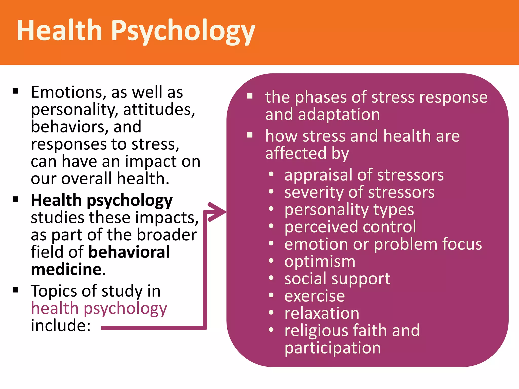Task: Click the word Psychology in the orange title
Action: (183, 31)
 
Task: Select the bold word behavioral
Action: (129, 252)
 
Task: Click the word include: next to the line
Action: (61, 326)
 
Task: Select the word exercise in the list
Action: (314, 296)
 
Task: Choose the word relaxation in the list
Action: (322, 313)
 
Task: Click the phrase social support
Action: (337, 279)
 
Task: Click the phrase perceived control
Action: (350, 227)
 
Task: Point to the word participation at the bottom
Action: (332, 348)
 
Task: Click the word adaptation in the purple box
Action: (339, 115)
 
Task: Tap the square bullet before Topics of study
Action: (16, 290)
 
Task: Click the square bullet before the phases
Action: (250, 96)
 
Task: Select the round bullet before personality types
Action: (271, 209)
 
